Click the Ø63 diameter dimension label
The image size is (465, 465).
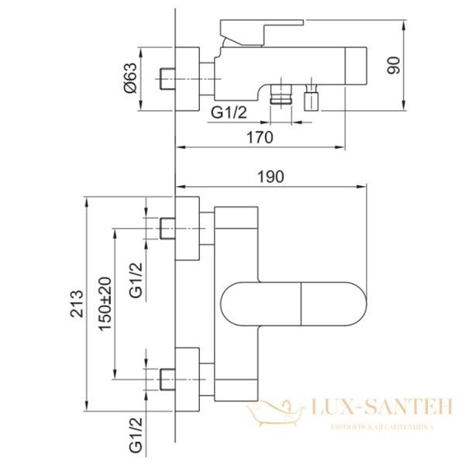point(131,78)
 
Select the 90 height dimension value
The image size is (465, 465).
point(394,65)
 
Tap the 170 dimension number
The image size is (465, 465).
point(260,138)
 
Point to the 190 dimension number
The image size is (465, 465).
point(270,177)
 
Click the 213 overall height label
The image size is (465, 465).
point(77,304)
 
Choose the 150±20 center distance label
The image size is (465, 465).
point(105,304)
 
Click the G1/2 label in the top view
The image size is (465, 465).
point(229,112)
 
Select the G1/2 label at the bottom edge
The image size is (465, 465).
point(136,435)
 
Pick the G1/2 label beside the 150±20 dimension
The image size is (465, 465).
point(136,281)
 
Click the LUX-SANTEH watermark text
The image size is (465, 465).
point(381,407)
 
